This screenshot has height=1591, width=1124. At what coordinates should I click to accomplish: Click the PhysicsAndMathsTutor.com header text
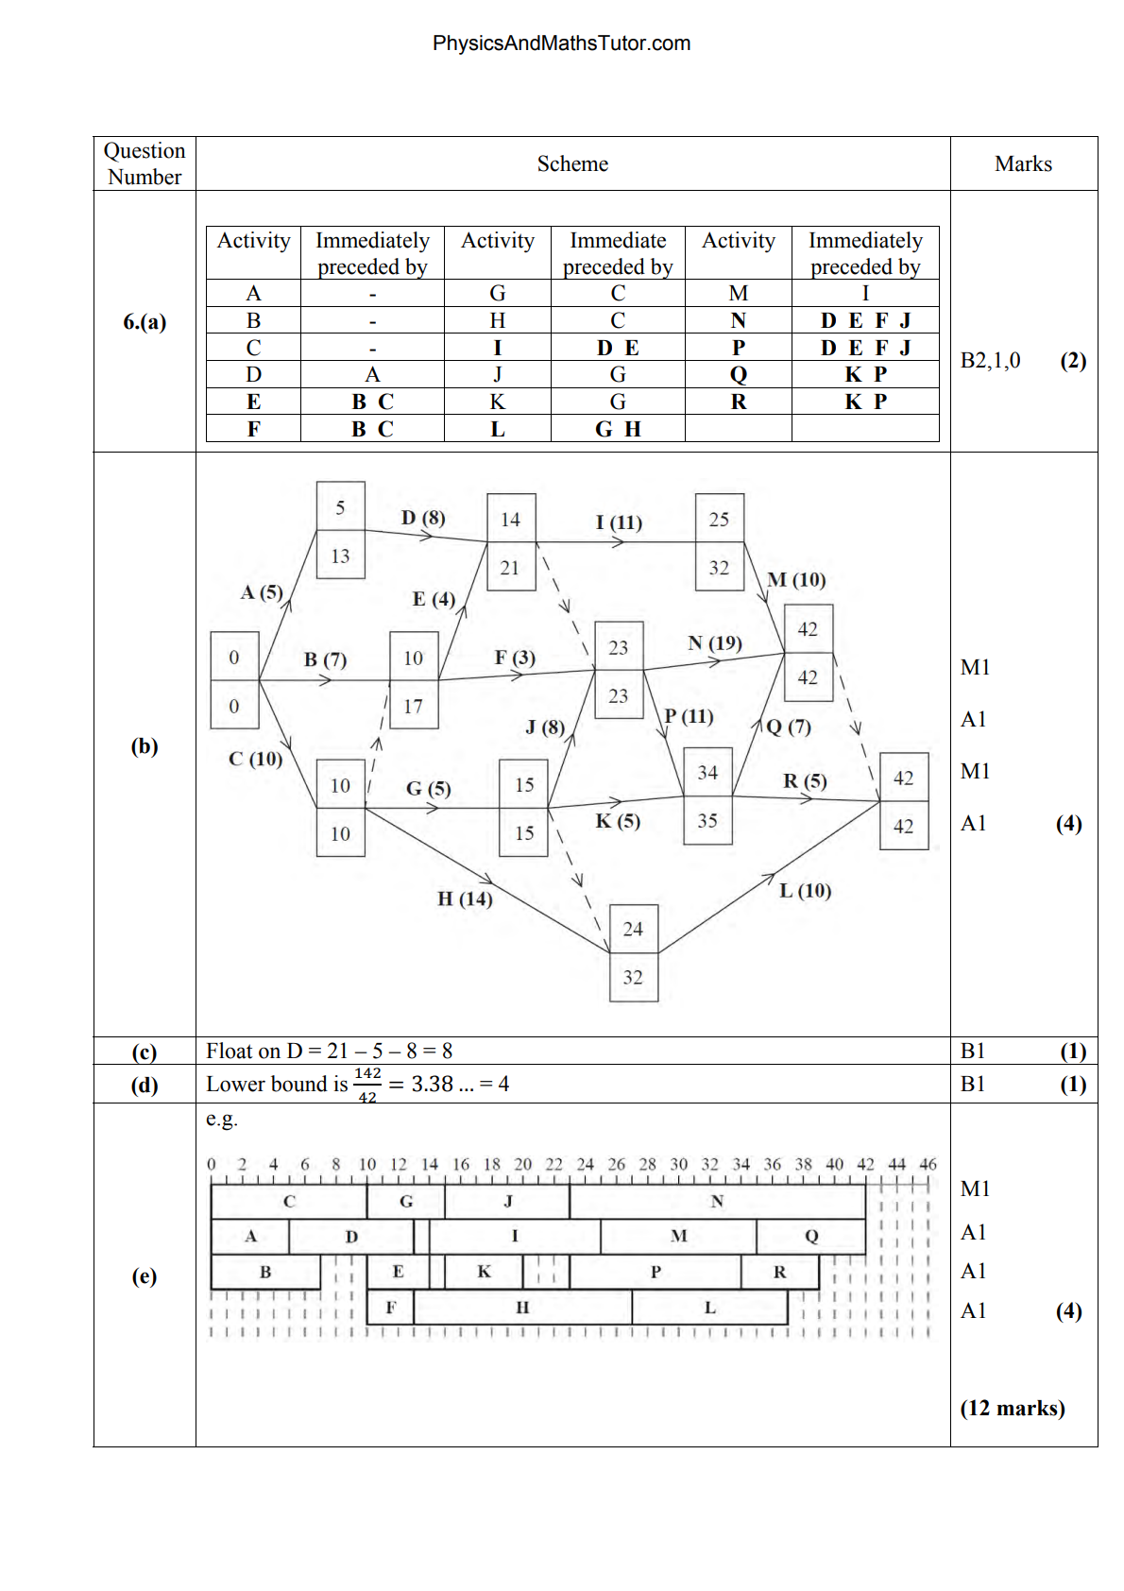[561, 43]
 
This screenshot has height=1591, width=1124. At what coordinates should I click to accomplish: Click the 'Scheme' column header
[572, 164]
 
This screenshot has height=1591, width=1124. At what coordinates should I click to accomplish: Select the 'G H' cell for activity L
[618, 429]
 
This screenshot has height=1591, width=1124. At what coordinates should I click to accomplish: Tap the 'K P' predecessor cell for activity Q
[865, 375]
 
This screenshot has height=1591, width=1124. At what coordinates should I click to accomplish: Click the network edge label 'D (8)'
[422, 518]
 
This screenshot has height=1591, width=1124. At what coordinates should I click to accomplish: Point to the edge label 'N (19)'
[714, 643]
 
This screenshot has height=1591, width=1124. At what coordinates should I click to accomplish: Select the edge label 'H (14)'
[465, 899]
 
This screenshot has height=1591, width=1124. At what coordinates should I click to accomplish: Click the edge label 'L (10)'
[805, 891]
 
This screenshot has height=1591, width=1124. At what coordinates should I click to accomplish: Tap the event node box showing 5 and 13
[340, 531]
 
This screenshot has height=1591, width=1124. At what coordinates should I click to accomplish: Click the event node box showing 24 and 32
[633, 953]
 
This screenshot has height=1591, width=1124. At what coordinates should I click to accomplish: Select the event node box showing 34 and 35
[707, 796]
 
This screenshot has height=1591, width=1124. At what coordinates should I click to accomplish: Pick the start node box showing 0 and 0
[234, 681]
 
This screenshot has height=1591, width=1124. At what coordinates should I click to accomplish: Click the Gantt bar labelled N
[717, 1202]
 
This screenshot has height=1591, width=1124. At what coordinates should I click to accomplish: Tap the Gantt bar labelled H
[522, 1308]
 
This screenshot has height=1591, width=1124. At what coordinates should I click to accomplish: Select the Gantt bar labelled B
[265, 1273]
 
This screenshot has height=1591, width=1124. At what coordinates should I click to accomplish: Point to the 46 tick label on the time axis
[928, 1164]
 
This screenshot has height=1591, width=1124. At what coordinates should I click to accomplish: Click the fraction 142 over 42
[367, 1085]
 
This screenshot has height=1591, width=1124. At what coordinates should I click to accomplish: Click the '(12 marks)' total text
[1012, 1409]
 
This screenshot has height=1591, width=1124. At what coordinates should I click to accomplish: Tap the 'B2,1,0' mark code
[990, 361]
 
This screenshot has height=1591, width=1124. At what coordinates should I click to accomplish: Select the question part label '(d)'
[145, 1085]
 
